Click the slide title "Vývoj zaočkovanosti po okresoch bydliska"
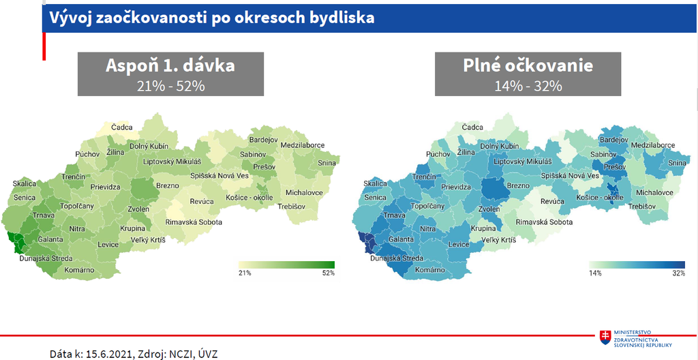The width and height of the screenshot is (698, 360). click(211, 18)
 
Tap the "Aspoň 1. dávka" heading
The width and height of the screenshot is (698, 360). click(170, 66)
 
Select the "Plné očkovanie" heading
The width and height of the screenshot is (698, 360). click(528, 66)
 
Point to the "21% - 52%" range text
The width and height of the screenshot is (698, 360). click(170, 85)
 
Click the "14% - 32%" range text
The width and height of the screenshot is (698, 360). click(528, 85)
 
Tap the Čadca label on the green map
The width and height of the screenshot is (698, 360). click(122, 127)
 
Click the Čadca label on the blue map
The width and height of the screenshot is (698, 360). click(472, 127)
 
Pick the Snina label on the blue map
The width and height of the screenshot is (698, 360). click(678, 163)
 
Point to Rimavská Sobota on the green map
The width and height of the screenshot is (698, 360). click(194, 222)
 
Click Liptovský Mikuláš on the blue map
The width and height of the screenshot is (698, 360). click(521, 162)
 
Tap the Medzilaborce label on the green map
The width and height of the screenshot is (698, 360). click(302, 145)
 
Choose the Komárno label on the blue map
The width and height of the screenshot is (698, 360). click(429, 270)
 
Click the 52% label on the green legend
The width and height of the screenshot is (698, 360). click(329, 273)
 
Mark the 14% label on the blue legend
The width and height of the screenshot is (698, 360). click(596, 273)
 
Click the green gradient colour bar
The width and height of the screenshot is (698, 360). click(286, 265)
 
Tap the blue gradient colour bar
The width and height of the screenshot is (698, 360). click(637, 265)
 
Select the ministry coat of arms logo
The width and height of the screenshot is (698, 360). click(605, 337)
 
